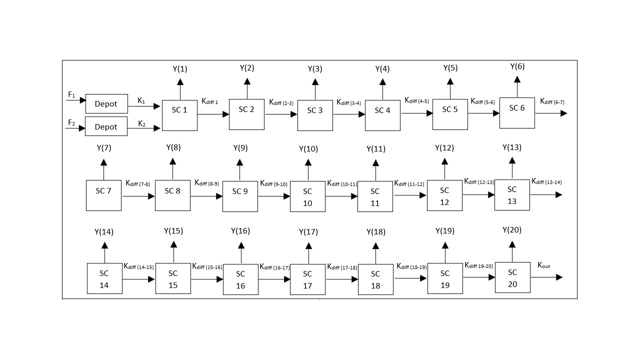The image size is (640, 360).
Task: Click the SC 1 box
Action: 179,115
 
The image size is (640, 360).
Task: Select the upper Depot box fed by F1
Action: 106,103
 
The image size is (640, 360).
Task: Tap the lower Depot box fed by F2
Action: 106,126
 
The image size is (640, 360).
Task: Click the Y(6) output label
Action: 517,66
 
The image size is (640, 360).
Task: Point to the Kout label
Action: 543,265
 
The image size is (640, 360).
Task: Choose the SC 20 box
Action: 512,277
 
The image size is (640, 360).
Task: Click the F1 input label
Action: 71,94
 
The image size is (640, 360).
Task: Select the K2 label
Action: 141,123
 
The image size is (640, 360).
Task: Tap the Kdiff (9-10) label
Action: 273,183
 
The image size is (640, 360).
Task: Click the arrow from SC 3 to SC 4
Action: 349,114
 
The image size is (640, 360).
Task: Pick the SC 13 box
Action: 512,195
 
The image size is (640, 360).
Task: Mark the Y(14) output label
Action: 104,232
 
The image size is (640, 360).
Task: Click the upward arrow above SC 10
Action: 308,169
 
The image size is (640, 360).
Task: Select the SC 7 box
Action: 103,195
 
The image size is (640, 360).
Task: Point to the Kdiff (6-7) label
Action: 552,101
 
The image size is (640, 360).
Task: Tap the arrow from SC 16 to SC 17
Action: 274,279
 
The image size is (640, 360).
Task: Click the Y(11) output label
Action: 376,149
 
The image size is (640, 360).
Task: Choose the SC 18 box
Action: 375,279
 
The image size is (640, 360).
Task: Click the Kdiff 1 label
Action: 209,101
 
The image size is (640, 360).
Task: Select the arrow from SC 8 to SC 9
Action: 206,196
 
